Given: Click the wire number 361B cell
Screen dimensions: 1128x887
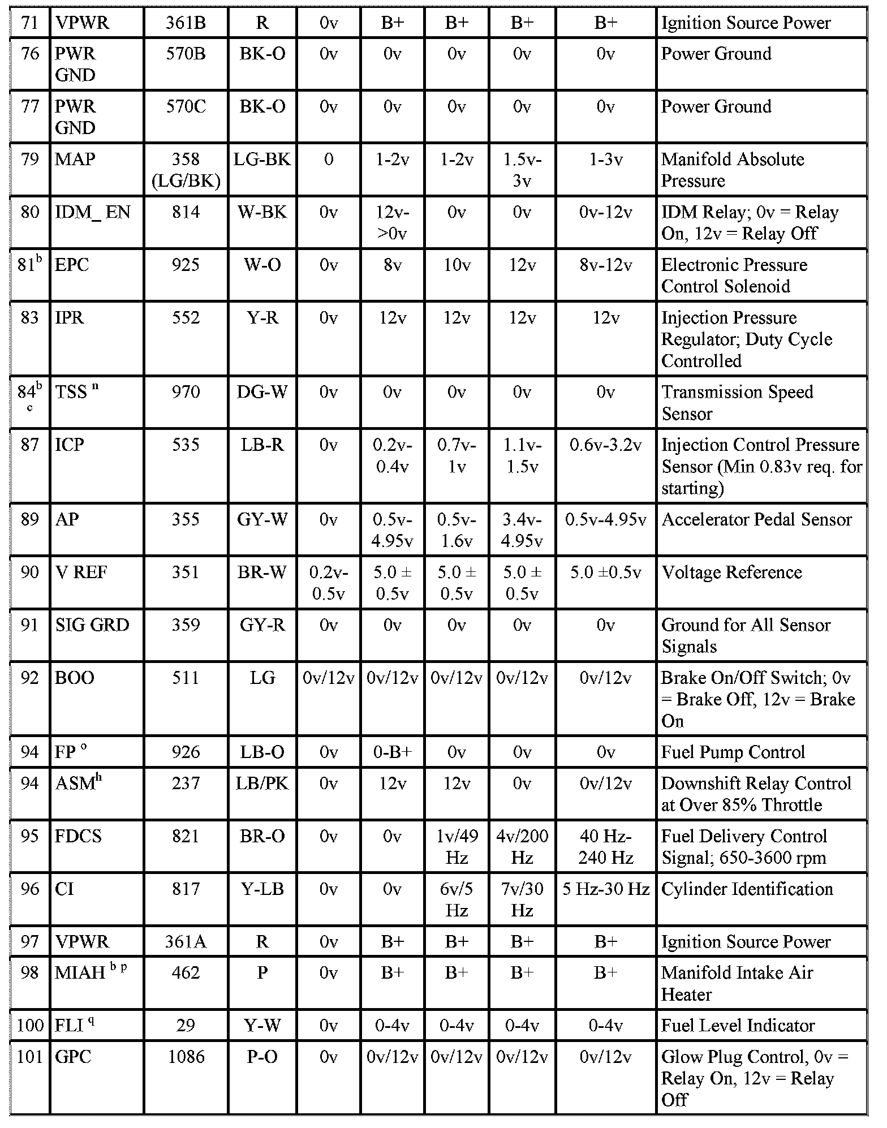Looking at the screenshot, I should pyautogui.click(x=186, y=23).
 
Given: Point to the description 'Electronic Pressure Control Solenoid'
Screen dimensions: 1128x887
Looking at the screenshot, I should pyautogui.click(x=734, y=275).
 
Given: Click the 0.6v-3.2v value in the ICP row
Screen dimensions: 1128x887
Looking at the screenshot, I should pyautogui.click(x=605, y=445).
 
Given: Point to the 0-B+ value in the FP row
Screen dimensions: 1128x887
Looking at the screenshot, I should pyautogui.click(x=392, y=752).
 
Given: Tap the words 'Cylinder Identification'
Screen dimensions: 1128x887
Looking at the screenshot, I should pyautogui.click(x=747, y=889).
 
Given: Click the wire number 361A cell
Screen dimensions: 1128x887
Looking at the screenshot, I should pyautogui.click(x=186, y=942).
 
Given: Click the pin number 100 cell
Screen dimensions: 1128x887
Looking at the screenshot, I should pyautogui.click(x=29, y=1026).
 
